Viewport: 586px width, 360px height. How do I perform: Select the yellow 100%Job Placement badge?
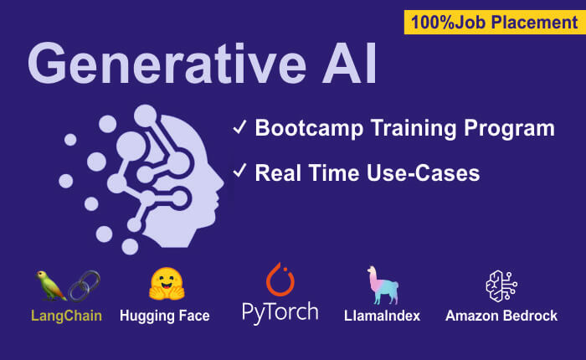tap(494, 22)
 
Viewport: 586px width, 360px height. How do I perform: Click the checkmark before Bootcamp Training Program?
tap(239, 128)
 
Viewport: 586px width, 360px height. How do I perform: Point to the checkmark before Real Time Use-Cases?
tap(239, 172)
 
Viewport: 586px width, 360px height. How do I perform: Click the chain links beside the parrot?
tap(84, 285)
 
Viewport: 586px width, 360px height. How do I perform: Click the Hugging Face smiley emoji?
tap(165, 285)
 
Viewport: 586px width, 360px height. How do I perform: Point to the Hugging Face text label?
tap(165, 316)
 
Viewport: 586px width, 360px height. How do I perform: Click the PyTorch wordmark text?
tap(280, 313)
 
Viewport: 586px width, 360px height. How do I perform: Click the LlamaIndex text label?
tap(382, 316)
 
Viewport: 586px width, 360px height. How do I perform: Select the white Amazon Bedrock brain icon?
tap(500, 285)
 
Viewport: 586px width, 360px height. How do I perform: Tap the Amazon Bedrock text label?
tap(501, 316)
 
